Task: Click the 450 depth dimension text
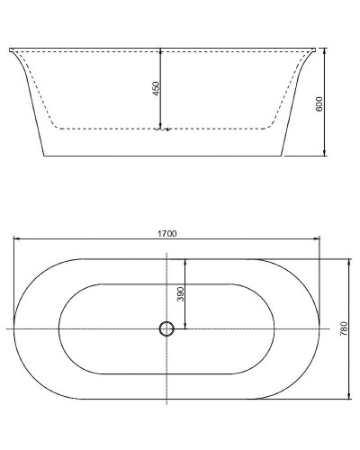coord(156,88)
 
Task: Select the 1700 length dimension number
coord(167,233)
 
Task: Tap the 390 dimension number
coord(180,293)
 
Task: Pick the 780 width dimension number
coord(343,329)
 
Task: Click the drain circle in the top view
coord(166,328)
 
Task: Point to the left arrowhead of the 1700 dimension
coord(15,239)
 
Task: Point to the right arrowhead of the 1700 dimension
coord(319,239)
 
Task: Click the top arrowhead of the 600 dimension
coord(326,50)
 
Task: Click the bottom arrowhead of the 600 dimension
coord(326,155)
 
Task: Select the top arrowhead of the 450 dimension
coord(160,50)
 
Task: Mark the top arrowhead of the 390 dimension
coord(184,261)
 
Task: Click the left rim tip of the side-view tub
coord(11,48)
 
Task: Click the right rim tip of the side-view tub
coord(317,48)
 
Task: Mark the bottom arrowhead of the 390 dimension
coord(184,328)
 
